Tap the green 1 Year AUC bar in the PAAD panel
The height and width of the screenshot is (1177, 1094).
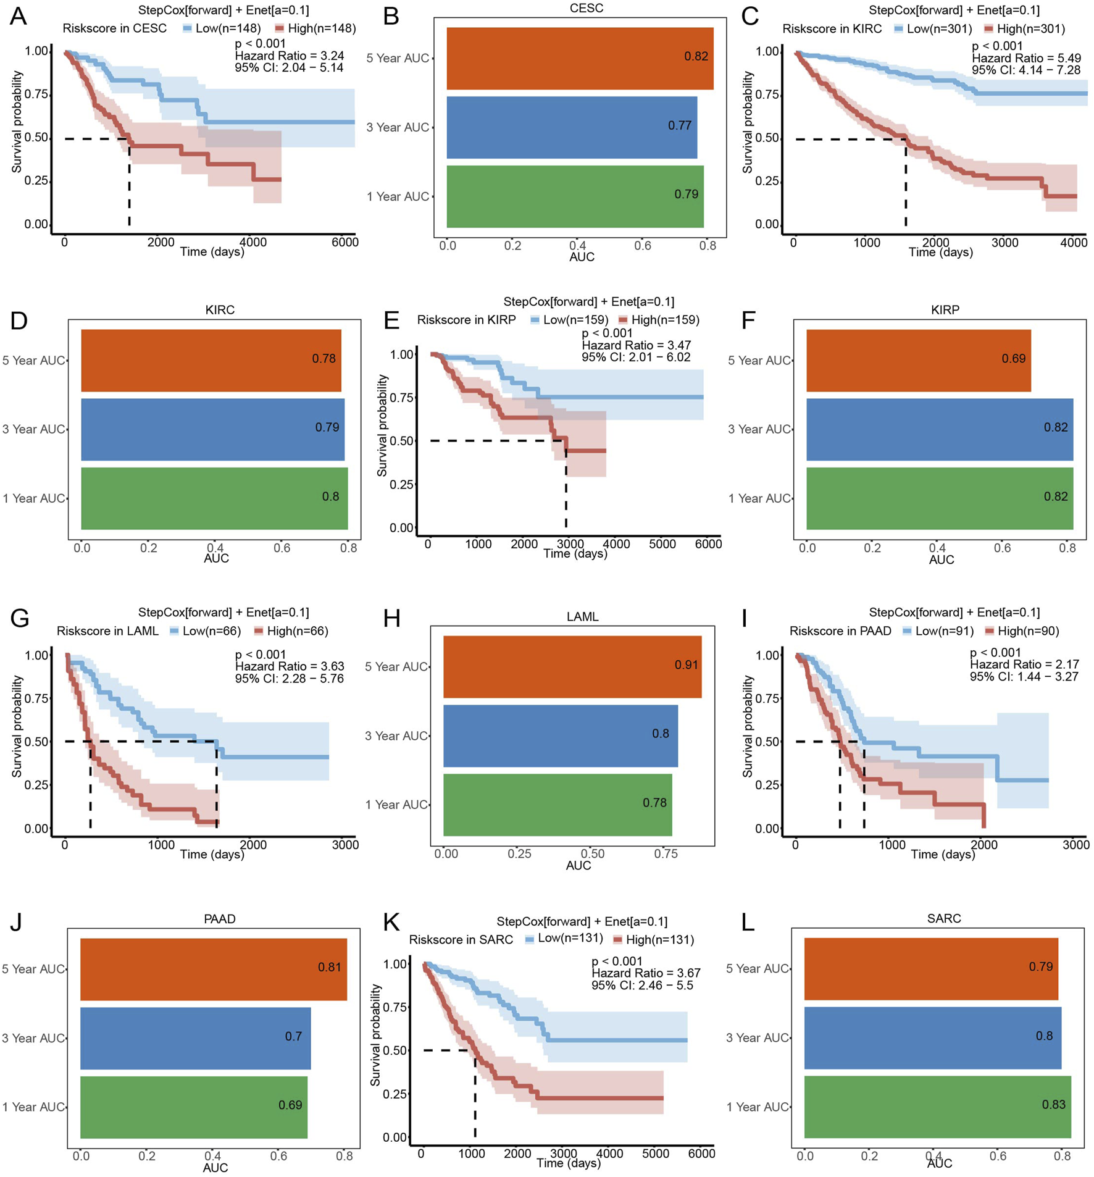pyautogui.click(x=193, y=1107)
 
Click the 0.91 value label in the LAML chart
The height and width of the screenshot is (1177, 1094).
pyautogui.click(x=685, y=665)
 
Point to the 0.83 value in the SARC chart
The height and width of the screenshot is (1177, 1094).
pyautogui.click(x=1053, y=1104)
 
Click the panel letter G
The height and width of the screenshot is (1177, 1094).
pyautogui.click(x=20, y=618)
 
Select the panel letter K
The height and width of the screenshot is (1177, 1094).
pyautogui.click(x=391, y=923)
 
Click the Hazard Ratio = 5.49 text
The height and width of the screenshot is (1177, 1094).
pyautogui.click(x=1026, y=58)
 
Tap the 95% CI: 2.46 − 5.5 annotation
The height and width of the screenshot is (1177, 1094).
pyautogui.click(x=642, y=985)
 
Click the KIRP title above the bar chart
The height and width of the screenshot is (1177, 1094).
pyautogui.click(x=945, y=310)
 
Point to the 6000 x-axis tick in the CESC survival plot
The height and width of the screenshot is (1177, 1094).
pyautogui.click(x=344, y=242)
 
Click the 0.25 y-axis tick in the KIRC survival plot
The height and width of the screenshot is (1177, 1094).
pyautogui.click(x=767, y=181)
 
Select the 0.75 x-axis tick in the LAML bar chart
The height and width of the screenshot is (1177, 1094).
pyautogui.click(x=666, y=854)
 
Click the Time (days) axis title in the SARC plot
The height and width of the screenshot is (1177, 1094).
pyautogui.click(x=568, y=1163)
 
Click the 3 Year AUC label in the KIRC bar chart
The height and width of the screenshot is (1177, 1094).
pyautogui.click(x=33, y=429)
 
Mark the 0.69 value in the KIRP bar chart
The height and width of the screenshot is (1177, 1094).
pyautogui.click(x=1013, y=359)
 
